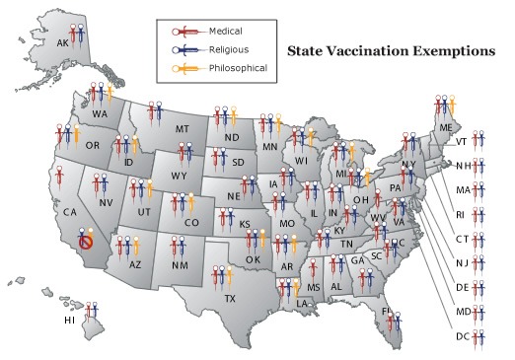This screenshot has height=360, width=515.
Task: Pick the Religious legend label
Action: (x=226, y=47)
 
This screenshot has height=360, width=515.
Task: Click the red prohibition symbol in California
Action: (x=86, y=241)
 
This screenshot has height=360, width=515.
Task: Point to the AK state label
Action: (x=62, y=43)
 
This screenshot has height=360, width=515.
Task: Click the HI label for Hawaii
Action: (x=69, y=320)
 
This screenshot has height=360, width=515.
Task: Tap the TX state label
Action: (x=230, y=298)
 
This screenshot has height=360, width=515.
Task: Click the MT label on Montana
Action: (x=183, y=129)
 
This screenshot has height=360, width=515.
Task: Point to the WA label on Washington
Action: (x=101, y=113)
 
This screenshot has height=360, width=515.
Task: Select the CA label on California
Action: (x=69, y=212)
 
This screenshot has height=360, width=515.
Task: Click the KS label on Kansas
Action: (x=244, y=225)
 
